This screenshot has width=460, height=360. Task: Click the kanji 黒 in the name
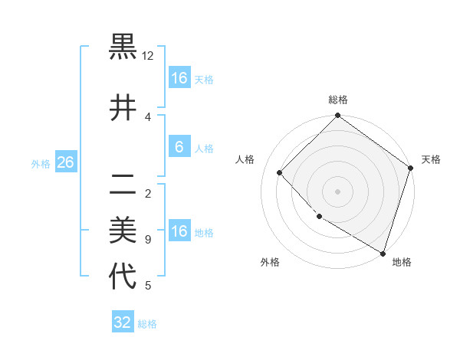pyautogui.click(x=123, y=47)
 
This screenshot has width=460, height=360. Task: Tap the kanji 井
pyautogui.click(x=123, y=108)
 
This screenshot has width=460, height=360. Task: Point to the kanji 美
pyautogui.click(x=123, y=229)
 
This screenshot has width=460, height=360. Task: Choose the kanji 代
pyautogui.click(x=123, y=276)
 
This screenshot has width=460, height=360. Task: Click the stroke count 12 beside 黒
pyautogui.click(x=148, y=56)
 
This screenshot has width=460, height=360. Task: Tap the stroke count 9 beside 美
pyautogui.click(x=147, y=239)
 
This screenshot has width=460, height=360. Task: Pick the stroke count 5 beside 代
pyautogui.click(x=147, y=286)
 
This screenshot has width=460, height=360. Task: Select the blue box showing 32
pyautogui.click(x=123, y=322)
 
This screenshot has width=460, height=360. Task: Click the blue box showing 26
pyautogui.click(x=65, y=162)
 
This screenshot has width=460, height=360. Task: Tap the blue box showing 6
pyautogui.click(x=179, y=147)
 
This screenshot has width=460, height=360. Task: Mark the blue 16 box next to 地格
pyautogui.click(x=179, y=231)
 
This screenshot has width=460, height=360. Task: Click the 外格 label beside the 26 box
pyautogui.click(x=41, y=164)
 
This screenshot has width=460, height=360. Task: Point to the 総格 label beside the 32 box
pyautogui.click(x=147, y=324)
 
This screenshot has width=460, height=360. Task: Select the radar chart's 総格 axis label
pyautogui.click(x=337, y=100)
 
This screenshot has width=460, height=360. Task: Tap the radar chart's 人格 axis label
pyautogui.click(x=245, y=159)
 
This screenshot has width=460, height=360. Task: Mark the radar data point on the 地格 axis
pyautogui.click(x=383, y=253)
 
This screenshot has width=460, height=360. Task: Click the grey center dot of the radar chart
pyautogui.click(x=337, y=191)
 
